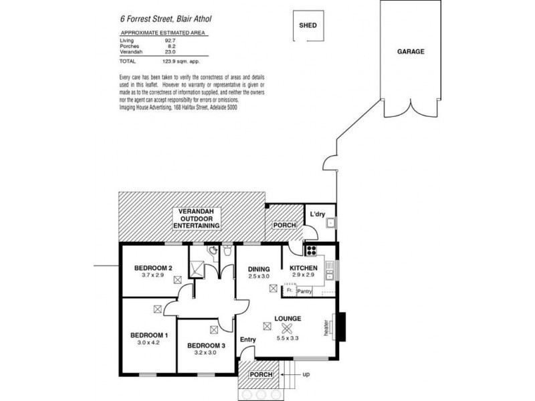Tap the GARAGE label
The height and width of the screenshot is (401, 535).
point(411,51)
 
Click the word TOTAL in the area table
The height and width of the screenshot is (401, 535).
point(127,59)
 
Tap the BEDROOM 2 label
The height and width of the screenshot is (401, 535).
point(153,268)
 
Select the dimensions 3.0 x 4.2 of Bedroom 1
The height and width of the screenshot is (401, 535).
point(148,342)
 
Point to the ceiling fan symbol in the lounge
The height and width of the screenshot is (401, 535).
point(287,327)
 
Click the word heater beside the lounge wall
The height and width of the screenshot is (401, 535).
point(326,326)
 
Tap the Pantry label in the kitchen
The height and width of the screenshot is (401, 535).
point(305,291)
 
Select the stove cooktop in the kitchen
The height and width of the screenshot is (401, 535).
point(311,251)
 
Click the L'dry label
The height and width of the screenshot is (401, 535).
point(317,215)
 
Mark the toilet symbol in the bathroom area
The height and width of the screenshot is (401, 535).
point(228,251)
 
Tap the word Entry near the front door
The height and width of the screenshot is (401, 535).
point(248,340)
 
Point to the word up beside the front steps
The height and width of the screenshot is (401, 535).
point(306,374)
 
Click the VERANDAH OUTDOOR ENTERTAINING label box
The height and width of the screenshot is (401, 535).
point(196,219)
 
